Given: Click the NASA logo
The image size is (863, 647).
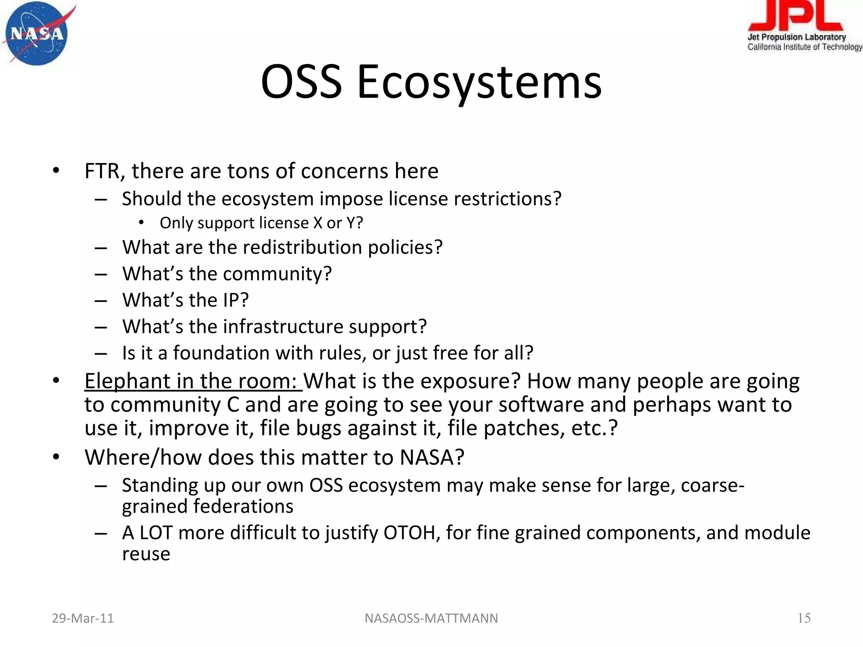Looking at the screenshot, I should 37,34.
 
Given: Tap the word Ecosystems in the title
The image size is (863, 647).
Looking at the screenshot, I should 479,82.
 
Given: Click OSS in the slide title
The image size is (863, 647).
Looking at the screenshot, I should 301,82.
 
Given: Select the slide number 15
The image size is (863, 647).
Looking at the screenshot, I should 804,618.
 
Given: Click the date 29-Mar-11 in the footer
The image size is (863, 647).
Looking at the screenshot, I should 83,618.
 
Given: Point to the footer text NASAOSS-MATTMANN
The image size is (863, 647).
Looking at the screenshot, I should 431,618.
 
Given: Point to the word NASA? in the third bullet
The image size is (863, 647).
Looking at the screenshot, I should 431,457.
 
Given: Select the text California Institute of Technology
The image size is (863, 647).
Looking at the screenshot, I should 804,47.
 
